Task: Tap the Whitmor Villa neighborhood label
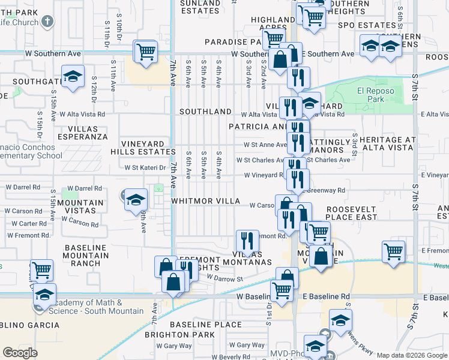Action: [x=205, y=201]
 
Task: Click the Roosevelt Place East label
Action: [x=352, y=212]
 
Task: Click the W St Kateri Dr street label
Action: [x=145, y=167]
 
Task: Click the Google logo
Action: [x=21, y=352]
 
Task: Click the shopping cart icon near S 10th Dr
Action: [x=146, y=52]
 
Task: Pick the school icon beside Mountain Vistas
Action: [x=136, y=199]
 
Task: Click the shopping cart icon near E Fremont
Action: [x=393, y=251]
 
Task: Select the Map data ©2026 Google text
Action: [x=412, y=355]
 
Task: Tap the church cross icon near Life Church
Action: [x=48, y=22]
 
